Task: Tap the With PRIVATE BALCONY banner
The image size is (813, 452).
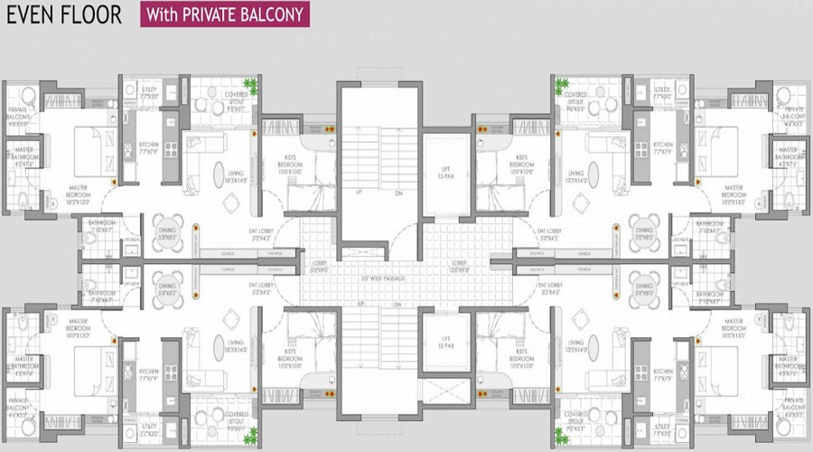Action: (x=222, y=14)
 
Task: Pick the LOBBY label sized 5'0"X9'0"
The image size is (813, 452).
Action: (x=318, y=268)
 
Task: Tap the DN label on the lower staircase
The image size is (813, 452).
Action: (x=398, y=306)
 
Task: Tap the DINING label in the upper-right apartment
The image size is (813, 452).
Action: (x=642, y=233)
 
